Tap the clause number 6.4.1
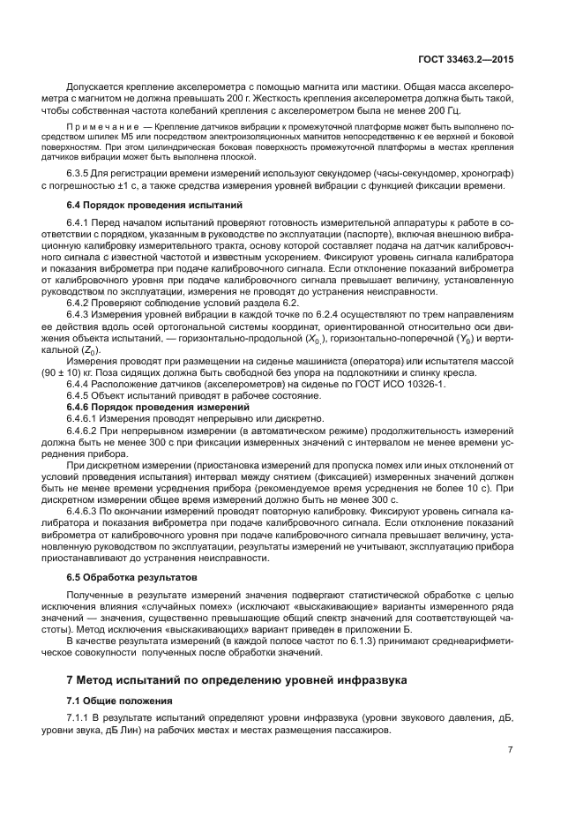(81, 221)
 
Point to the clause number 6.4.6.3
(86, 511)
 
